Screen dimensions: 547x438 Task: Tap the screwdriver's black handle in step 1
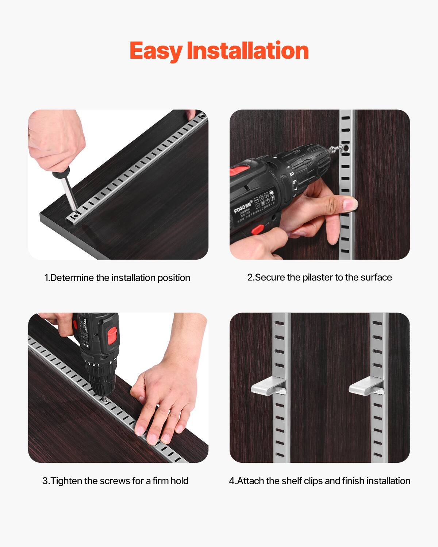(60, 173)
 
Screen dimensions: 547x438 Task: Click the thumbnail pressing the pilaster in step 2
(351, 203)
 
